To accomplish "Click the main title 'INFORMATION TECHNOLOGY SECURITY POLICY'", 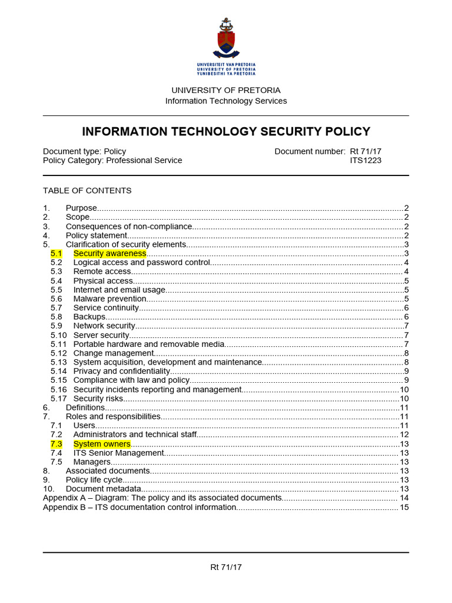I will click(x=226, y=131).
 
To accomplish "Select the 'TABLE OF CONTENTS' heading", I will click(x=87, y=190).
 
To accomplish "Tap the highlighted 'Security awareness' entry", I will click(x=109, y=253).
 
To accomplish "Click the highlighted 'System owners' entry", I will click(x=102, y=444).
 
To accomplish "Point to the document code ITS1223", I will click(x=365, y=160).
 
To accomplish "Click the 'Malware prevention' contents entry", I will click(x=110, y=299).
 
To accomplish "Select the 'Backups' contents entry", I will click(x=89, y=317).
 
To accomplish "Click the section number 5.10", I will click(x=58, y=335).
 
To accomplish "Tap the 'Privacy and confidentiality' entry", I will click(x=121, y=371).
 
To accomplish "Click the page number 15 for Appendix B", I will click(x=404, y=507).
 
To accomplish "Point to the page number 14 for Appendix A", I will click(x=404, y=498).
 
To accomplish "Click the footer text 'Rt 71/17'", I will click(x=226, y=567).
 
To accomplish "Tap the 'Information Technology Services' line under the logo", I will click(x=226, y=101).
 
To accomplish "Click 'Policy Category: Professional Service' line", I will click(x=112, y=160).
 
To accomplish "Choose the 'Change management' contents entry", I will click(x=114, y=353).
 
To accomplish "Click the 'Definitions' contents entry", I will click(x=85, y=407).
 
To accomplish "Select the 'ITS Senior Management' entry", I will click(x=118, y=453).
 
